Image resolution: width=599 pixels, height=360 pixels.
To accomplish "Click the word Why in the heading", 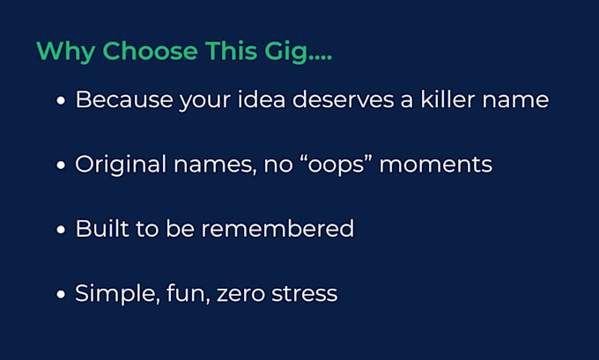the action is pos(65,52).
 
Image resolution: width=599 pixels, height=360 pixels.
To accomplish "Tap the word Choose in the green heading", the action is pos(150,51).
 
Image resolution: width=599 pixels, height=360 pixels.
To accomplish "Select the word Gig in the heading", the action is pos(285,52).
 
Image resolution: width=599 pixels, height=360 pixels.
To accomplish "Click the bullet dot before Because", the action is pos(61,101).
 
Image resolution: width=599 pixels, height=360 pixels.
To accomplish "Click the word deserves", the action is pos(343,99).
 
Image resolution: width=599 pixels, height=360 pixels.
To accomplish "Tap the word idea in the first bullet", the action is pos(262,99).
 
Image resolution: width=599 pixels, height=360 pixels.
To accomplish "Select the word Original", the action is pos(121,165).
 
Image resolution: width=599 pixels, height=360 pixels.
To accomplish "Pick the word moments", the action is pos(435,165).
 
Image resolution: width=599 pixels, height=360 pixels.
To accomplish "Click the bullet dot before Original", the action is pos(61,165).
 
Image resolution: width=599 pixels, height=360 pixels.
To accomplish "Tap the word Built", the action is pos(102,229).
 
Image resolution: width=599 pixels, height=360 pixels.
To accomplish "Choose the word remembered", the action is pos(277,229).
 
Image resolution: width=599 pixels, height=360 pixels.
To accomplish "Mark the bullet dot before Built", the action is pos(61,230).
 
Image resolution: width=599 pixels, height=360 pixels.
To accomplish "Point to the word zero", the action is pos(240,294).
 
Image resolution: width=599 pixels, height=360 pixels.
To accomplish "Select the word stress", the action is pos(305,294).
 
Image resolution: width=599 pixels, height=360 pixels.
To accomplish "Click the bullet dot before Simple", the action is pos(61,294).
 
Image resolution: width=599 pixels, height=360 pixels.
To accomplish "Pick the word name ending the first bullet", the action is pos(515,100).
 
